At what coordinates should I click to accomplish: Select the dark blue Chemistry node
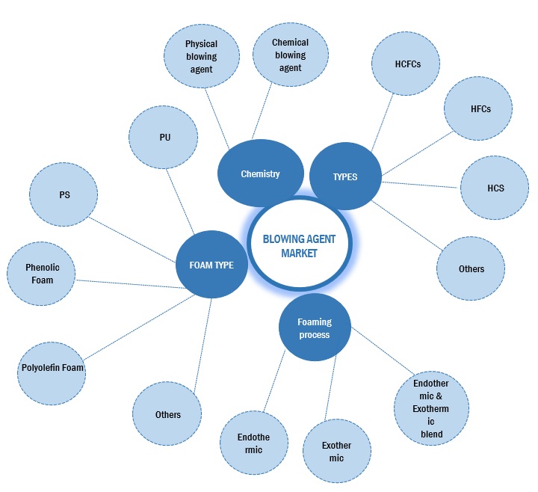click(x=260, y=174)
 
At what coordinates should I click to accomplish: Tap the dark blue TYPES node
click(x=344, y=177)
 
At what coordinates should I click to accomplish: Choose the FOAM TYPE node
click(x=211, y=265)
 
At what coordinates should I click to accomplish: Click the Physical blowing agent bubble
click(x=201, y=56)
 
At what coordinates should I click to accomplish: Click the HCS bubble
click(x=494, y=188)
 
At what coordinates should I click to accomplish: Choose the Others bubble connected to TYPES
click(x=471, y=268)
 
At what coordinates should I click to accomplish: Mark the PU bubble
click(x=164, y=138)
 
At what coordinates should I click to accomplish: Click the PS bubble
click(x=64, y=194)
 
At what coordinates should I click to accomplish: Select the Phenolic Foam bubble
click(x=42, y=274)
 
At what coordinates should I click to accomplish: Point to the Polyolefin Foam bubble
click(x=52, y=368)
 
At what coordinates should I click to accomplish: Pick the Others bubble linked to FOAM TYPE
click(x=167, y=414)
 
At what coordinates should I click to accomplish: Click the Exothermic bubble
click(x=336, y=452)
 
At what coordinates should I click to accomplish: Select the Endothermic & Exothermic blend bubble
click(x=431, y=408)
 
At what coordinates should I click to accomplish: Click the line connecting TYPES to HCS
click(x=421, y=184)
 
